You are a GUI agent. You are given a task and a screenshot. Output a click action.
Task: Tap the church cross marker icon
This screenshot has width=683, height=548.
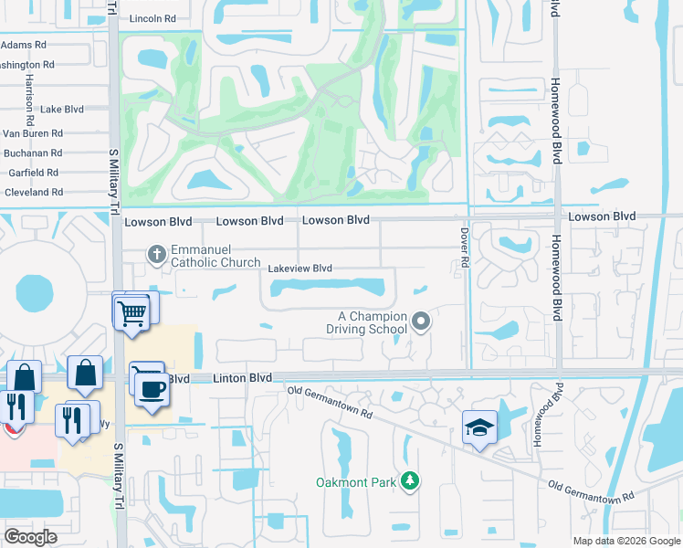click(156, 253)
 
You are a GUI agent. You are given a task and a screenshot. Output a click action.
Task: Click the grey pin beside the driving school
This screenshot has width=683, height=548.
click(421, 320)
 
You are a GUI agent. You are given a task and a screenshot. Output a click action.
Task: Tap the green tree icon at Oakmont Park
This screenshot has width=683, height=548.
click(411, 479)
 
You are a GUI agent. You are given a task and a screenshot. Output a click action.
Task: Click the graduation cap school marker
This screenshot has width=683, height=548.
click(478, 427)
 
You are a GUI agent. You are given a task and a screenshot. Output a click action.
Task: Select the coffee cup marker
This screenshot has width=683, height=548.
click(152, 390)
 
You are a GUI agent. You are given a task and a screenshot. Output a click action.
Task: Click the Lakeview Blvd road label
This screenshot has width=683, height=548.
click(299, 269)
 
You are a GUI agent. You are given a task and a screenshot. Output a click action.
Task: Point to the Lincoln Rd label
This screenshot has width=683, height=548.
click(152, 18)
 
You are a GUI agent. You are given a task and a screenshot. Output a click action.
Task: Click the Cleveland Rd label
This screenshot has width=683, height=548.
click(34, 193)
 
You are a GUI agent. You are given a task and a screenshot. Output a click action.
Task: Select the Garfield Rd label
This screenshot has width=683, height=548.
click(33, 172)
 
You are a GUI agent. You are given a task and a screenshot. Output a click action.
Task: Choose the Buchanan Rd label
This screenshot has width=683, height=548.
click(33, 153)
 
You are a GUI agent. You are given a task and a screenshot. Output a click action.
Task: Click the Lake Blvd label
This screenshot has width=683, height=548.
click(63, 109)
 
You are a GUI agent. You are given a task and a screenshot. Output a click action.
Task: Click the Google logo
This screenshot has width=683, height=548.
click(30, 537)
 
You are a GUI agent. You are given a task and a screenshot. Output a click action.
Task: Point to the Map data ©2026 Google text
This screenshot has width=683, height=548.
click(626, 541)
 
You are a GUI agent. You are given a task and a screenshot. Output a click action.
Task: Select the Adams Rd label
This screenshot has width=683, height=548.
click(23, 45)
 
